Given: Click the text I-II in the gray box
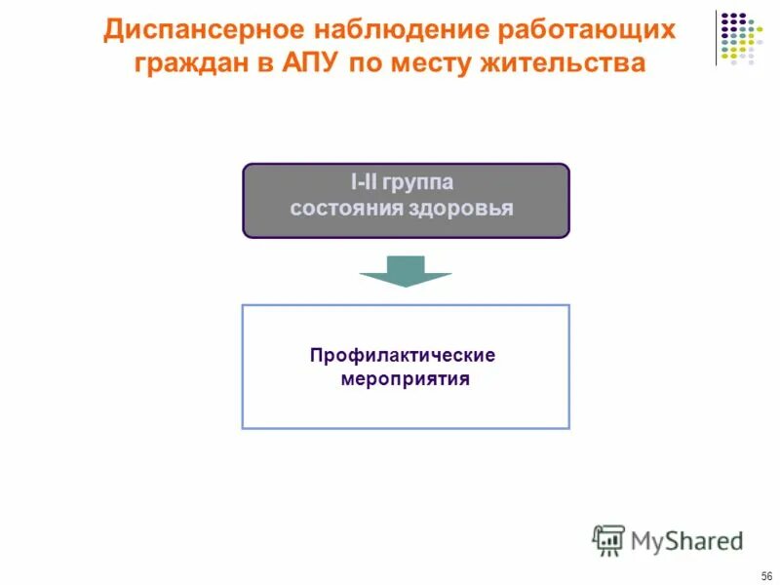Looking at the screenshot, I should click(x=364, y=183).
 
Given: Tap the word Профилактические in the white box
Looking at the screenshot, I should click(x=405, y=355).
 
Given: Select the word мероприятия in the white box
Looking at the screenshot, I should click(x=405, y=379).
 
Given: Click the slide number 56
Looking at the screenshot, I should click(x=766, y=575).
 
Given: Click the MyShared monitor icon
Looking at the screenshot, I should click(x=609, y=539).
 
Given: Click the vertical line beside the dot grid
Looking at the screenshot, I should click(x=716, y=37).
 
